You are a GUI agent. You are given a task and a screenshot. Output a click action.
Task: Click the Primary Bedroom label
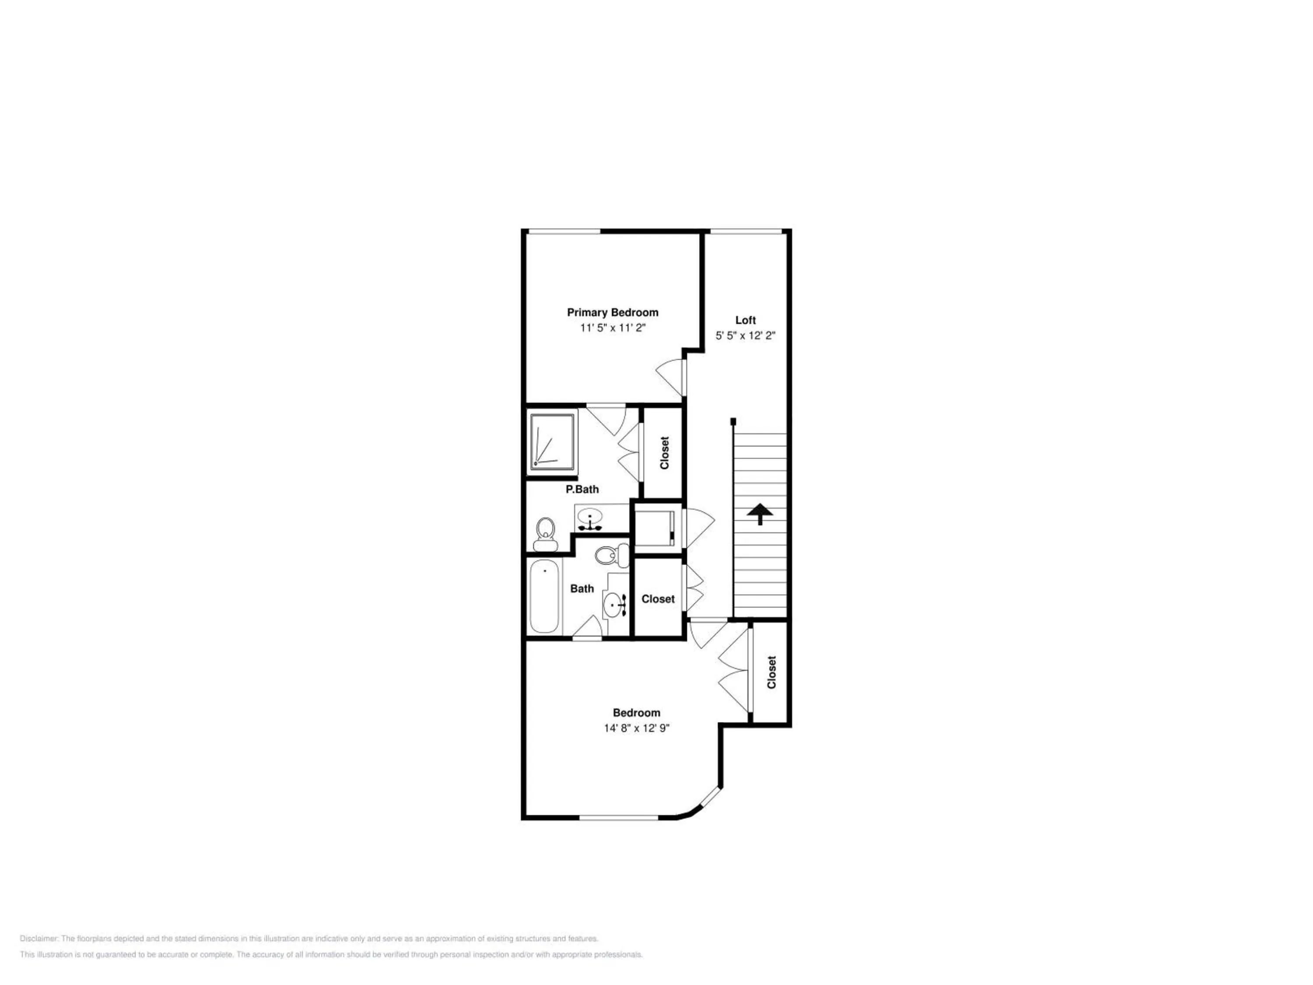[x=613, y=312]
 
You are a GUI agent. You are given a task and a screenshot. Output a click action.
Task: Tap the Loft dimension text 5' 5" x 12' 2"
[x=745, y=335]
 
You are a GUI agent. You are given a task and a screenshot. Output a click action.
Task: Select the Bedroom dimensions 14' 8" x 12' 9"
[x=637, y=728]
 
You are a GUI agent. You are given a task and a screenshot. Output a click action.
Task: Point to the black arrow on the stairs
[x=760, y=514]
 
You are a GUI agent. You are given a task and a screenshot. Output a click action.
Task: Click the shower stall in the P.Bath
[x=553, y=442]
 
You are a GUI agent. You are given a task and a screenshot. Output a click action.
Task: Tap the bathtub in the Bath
[x=544, y=597]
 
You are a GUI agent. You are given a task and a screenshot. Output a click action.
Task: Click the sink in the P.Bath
[x=590, y=518]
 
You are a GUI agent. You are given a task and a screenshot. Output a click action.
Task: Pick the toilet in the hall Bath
[x=611, y=555]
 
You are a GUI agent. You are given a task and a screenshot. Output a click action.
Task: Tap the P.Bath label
[x=582, y=489]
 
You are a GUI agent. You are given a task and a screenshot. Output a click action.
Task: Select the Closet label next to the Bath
[x=658, y=599]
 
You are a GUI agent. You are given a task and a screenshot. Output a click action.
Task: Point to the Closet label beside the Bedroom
[x=771, y=672]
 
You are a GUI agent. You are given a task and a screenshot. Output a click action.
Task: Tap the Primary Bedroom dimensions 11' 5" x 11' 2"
[x=613, y=328]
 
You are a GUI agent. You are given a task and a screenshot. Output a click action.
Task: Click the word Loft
[x=745, y=320]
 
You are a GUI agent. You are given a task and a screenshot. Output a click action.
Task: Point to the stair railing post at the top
[x=733, y=422]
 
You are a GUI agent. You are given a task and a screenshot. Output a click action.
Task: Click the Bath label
[x=582, y=588]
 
